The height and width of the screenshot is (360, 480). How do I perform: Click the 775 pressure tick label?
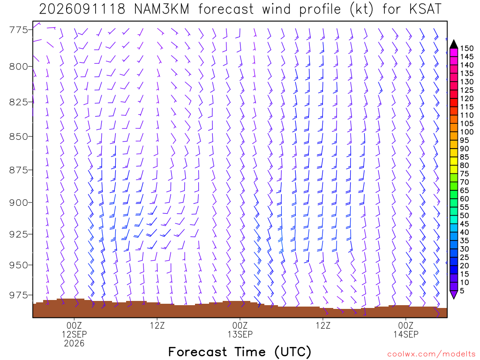(x=18, y=30)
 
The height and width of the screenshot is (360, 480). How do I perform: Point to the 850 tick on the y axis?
(x=18, y=136)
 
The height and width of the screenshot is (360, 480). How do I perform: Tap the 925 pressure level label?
(x=18, y=234)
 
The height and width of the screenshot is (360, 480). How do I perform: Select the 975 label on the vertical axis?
(x=18, y=295)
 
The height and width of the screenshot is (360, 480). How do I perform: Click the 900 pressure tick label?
(x=18, y=202)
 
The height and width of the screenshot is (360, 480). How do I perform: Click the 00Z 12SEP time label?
(x=74, y=330)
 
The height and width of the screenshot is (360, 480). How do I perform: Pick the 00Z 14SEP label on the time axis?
(x=406, y=330)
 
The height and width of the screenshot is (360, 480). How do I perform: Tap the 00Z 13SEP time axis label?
(x=240, y=330)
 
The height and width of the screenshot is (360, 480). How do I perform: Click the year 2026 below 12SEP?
(x=74, y=343)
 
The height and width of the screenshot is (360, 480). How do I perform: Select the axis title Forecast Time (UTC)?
(x=240, y=352)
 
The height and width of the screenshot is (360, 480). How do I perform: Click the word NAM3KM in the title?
(x=162, y=9)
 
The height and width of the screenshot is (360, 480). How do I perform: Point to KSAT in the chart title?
(x=425, y=9)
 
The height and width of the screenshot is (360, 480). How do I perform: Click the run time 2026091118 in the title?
(x=82, y=9)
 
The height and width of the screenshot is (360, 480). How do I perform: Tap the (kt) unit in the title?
(x=361, y=9)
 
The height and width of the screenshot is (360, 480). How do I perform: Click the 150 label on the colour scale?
(x=467, y=48)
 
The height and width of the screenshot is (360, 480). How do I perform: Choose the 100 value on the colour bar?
(x=467, y=132)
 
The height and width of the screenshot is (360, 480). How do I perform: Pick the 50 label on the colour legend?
(x=465, y=216)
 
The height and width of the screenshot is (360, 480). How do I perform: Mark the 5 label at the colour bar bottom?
(x=462, y=291)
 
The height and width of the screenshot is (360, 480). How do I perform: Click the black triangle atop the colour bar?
(x=454, y=45)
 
